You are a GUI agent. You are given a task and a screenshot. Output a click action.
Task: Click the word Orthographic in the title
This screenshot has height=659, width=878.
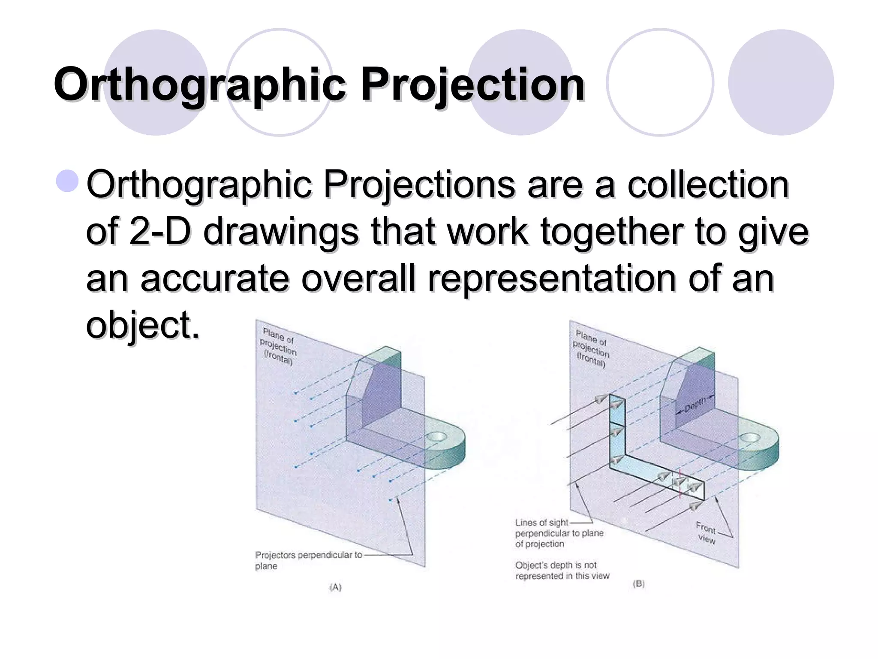coord(199,85)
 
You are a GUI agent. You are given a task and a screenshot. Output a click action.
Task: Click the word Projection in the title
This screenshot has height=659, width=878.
coord(472,85)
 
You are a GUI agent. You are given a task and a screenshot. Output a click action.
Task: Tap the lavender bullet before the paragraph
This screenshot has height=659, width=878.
coord(67,181)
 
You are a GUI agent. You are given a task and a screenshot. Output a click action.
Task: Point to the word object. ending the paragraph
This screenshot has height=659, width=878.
coord(143,325)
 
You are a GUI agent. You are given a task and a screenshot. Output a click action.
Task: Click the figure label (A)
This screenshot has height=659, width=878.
coord(335,587)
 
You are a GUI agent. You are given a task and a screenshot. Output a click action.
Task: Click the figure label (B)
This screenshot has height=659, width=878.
coord(639,584)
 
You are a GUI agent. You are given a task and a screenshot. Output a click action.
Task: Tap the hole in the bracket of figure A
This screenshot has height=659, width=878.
coord(437,437)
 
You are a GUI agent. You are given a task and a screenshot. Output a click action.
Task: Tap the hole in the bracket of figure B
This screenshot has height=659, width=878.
coord(751,438)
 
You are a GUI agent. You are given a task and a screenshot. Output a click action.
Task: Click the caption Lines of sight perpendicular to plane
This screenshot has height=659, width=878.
coord(559,533)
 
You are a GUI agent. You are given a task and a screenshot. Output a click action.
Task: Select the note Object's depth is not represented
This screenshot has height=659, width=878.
coord(562,571)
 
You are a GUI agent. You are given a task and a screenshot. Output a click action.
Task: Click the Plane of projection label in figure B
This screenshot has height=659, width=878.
coord(591,348)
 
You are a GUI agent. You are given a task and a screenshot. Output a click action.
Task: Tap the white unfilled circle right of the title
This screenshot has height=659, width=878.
coord(660,82)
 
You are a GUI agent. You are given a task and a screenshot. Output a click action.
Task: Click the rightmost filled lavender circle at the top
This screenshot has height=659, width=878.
coord(781,82)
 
